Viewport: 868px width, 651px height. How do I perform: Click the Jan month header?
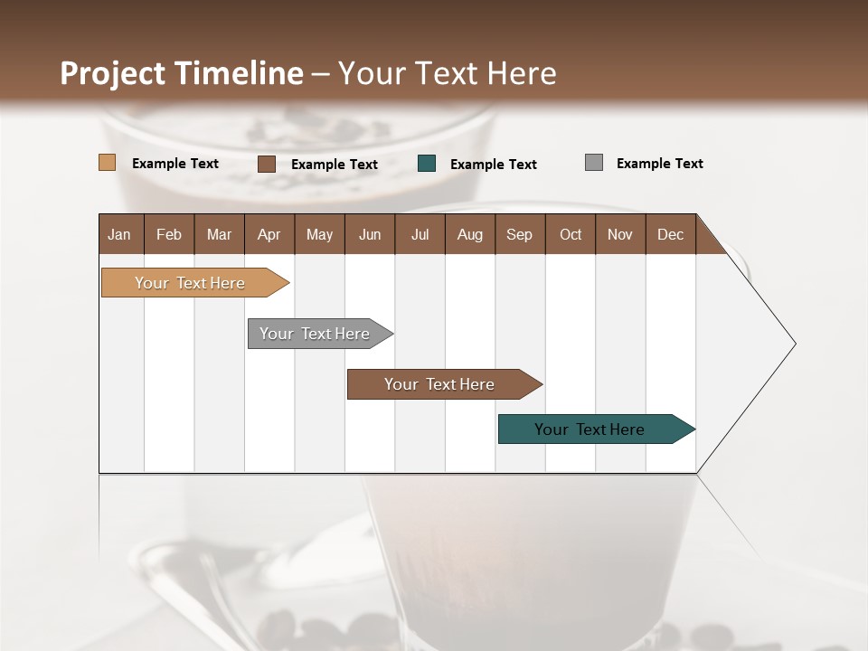tap(120, 234)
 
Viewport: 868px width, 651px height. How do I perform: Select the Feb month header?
tap(169, 234)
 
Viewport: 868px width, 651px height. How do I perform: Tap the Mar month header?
tap(219, 234)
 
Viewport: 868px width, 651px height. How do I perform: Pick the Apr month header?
tap(269, 234)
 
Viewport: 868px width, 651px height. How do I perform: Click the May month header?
tap(319, 234)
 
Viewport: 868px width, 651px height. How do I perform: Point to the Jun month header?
tap(370, 234)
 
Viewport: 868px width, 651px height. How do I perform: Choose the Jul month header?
tap(420, 234)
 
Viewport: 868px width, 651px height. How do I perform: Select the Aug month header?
tap(470, 234)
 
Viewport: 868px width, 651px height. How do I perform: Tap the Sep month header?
tap(520, 234)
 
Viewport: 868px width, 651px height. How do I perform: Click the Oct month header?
tap(571, 234)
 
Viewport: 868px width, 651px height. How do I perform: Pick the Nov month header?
tap(620, 234)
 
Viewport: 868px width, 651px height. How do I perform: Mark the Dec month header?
tap(671, 234)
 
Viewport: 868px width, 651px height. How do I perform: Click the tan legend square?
tap(108, 163)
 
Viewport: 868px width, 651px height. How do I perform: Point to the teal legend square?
tap(427, 163)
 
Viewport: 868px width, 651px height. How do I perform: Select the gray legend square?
tap(594, 163)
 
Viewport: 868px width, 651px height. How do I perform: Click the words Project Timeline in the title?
tap(182, 73)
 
